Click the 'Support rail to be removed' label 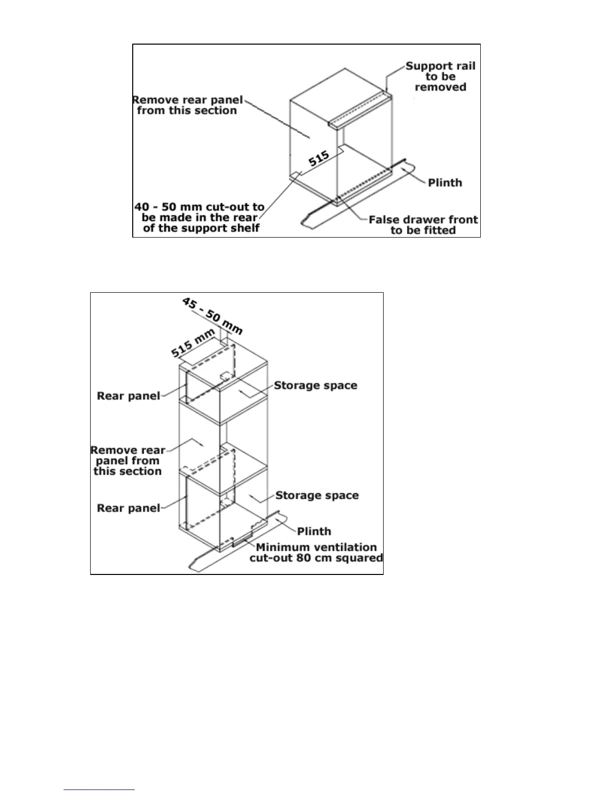pyautogui.click(x=440, y=77)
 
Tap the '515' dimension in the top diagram pyautogui.click(x=319, y=159)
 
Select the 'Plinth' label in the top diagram pyautogui.click(x=445, y=182)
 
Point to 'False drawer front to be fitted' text pyautogui.click(x=423, y=225)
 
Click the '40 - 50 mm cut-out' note pyautogui.click(x=200, y=218)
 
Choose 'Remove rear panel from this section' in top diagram pyautogui.click(x=187, y=105)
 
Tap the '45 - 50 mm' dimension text pyautogui.click(x=212, y=316)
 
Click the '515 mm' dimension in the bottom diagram pyautogui.click(x=193, y=343)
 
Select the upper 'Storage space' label pyautogui.click(x=316, y=385)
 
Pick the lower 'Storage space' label pyautogui.click(x=317, y=495)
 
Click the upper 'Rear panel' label pyautogui.click(x=129, y=396)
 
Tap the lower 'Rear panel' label pyautogui.click(x=129, y=508)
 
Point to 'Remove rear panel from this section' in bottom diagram pyautogui.click(x=128, y=461)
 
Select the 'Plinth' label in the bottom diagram pyautogui.click(x=314, y=531)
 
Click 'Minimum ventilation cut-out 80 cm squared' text pyautogui.click(x=316, y=552)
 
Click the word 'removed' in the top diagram pyautogui.click(x=440, y=87)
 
